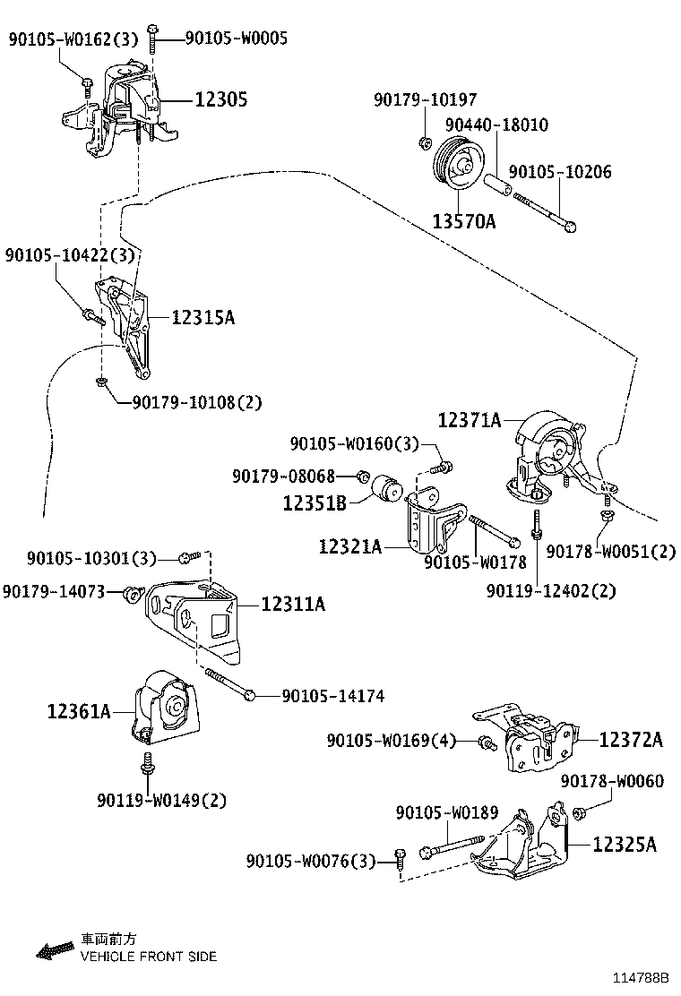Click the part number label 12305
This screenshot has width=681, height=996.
pos(221,100)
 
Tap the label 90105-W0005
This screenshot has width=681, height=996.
pos(237,38)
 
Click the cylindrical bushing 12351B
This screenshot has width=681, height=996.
pos(387,487)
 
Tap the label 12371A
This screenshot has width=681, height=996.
pos(469,418)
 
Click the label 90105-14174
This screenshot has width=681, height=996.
pos(332,695)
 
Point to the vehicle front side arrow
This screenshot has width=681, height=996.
pos(54,949)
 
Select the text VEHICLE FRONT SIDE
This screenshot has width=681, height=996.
pos(149,957)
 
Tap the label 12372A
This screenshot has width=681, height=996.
pos(630,739)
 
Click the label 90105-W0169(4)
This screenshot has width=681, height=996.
pos(391,741)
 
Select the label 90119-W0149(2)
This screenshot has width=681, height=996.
pos(162,800)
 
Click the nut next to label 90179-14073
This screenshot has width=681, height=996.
pos(134,592)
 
